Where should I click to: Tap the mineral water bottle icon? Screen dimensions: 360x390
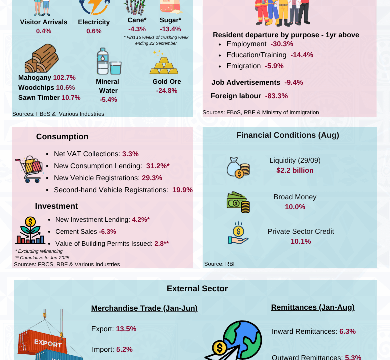pos(108,62)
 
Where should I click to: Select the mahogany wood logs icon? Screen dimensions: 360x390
pos(41,58)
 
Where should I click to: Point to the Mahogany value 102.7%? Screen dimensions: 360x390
pos(64,77)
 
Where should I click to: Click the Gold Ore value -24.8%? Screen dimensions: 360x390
pos(166,90)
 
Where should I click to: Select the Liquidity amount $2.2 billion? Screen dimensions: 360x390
pos(295,170)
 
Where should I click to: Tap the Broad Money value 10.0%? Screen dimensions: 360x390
pos(295,207)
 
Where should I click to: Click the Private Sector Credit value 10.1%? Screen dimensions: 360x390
pos(301,241)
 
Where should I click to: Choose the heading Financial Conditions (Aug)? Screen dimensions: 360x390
pos(287,135)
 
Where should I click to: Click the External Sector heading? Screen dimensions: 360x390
pos(197,288)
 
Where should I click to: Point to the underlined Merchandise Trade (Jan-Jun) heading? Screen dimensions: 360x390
pos(144,308)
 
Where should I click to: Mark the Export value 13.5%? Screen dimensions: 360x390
pos(126,329)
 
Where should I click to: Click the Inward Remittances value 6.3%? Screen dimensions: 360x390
pos(347,331)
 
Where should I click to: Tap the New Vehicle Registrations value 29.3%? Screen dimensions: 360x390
pos(152,178)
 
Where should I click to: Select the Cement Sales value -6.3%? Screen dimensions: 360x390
pos(107,231)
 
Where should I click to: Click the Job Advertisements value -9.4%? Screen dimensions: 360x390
pos(294,82)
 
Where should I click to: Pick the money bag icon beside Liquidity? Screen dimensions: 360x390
pos(238,168)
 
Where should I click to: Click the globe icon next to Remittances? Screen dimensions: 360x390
pos(240,340)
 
